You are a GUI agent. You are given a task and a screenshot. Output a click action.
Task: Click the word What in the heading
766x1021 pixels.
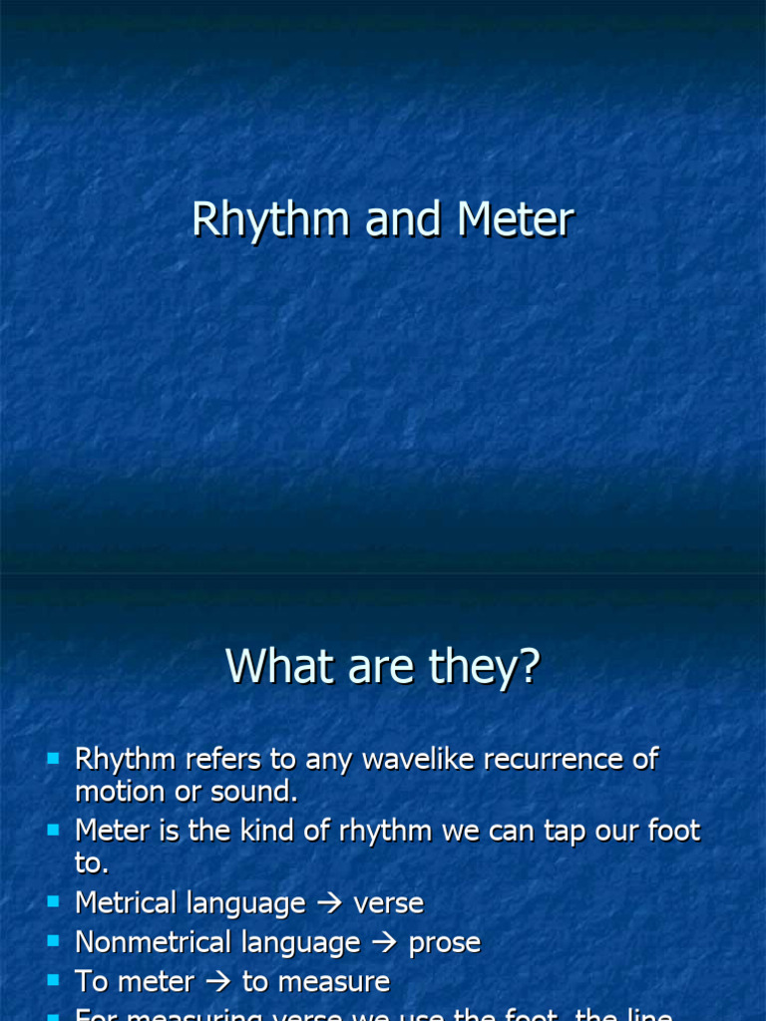(281, 666)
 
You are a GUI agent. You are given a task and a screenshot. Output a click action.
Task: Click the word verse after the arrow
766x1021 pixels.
(389, 903)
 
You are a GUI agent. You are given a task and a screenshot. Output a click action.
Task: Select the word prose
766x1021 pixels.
(445, 942)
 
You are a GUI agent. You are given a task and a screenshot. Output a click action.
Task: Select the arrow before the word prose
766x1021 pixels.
(384, 943)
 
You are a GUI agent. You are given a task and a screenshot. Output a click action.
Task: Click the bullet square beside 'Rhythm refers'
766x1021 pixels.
(54, 760)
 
